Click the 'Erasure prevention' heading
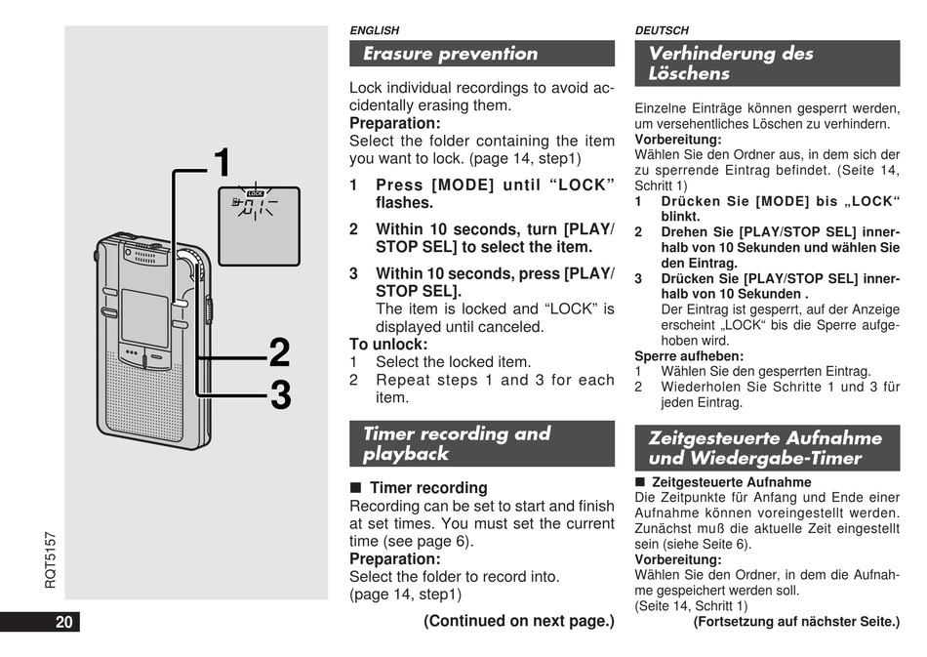(451, 54)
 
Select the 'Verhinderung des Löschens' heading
(731, 63)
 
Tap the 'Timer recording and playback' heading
(457, 443)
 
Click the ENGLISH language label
(375, 31)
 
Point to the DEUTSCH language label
(662, 31)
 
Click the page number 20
(64, 622)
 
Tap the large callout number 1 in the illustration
(222, 163)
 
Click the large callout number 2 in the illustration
(279, 353)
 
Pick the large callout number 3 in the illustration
(280, 396)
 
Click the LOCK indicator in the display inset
(255, 193)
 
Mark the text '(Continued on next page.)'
(518, 621)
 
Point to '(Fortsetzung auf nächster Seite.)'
(796, 622)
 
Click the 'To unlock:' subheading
(388, 344)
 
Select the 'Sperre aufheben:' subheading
(675, 356)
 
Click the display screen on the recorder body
(144, 314)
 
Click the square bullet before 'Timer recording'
(356, 487)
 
